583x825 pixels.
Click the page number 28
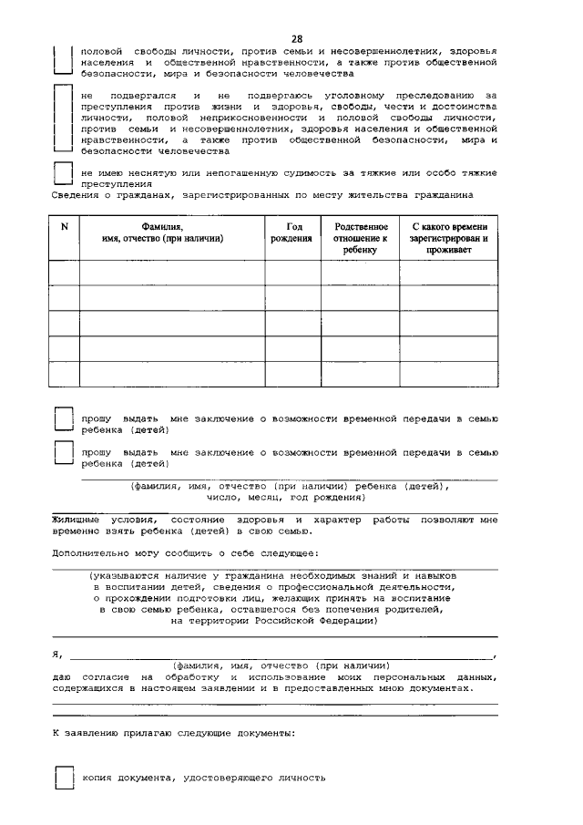pos(297,37)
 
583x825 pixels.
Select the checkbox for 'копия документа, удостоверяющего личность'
pos(63,778)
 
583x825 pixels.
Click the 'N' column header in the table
pos(64,227)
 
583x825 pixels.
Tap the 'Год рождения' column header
pos(292,232)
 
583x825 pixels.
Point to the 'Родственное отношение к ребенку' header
pos(360,237)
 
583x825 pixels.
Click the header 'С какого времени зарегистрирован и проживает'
pos(448,237)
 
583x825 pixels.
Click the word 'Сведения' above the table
pos(73,195)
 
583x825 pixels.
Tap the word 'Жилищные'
pos(78,519)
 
